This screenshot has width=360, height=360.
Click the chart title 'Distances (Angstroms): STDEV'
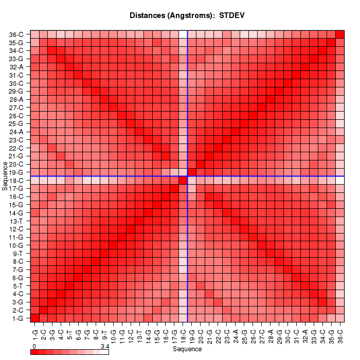187,15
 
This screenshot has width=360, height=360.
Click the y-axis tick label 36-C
16,34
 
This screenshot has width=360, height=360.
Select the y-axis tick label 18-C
16,181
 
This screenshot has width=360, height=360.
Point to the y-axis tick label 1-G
16,318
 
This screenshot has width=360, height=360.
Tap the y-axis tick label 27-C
16,107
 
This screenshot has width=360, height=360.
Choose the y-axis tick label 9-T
16,254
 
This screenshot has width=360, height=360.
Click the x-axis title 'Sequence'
187,349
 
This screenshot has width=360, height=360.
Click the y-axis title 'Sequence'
5,176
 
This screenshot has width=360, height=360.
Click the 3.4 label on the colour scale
104,347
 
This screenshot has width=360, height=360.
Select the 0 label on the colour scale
33,347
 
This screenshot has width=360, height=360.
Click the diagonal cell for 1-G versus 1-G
35,318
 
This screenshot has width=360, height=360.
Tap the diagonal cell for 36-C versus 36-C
340,34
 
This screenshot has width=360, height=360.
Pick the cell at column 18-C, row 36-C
183,34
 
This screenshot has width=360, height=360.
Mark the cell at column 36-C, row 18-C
340,181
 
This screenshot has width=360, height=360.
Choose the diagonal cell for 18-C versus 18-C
183,181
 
